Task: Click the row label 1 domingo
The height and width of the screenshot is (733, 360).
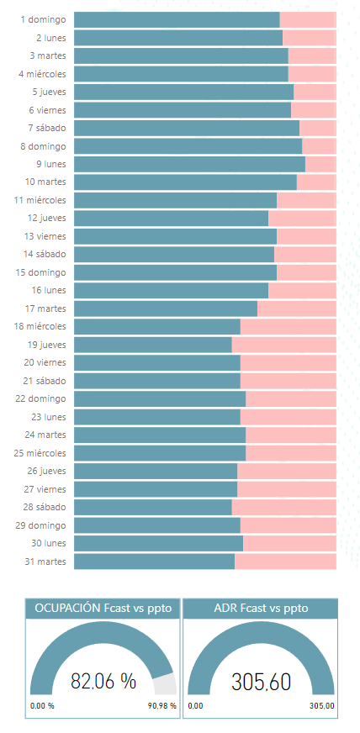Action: coord(43,19)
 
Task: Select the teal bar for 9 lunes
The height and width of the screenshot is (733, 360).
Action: coord(189,164)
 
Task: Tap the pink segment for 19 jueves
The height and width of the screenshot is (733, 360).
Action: coord(283,345)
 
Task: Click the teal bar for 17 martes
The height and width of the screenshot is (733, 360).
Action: coord(166,308)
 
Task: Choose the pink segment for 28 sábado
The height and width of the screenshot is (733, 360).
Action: coord(283,507)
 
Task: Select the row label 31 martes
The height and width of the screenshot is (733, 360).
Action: coord(45,561)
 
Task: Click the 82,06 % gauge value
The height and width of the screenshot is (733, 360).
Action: coord(103,681)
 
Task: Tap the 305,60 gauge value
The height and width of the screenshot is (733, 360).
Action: coord(262,681)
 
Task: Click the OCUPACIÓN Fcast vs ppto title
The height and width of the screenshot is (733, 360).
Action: coord(103,609)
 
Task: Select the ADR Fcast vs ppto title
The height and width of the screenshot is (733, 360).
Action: coord(261,609)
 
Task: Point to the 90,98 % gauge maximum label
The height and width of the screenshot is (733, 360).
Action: coord(163,705)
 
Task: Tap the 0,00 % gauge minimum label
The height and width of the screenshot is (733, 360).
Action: coord(42,705)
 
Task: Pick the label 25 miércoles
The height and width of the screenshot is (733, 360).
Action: coord(40,453)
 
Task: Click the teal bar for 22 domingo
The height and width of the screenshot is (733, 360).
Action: coord(160,398)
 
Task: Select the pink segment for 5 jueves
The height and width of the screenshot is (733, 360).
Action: coord(315,92)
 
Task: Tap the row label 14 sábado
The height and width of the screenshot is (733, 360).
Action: coord(45,255)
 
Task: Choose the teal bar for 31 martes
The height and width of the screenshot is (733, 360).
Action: coord(154,562)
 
